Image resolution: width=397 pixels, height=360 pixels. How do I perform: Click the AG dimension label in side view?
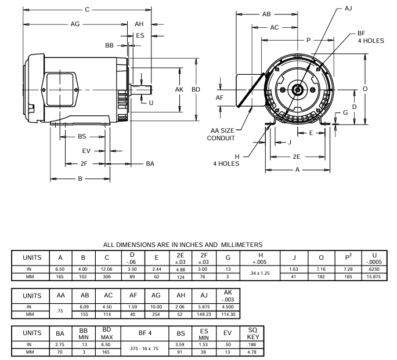[x=75, y=24]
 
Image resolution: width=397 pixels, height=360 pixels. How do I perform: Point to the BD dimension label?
[x=196, y=90]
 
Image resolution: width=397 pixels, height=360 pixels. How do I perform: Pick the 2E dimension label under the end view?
[x=297, y=157]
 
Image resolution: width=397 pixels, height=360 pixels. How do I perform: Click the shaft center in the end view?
[x=297, y=90]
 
